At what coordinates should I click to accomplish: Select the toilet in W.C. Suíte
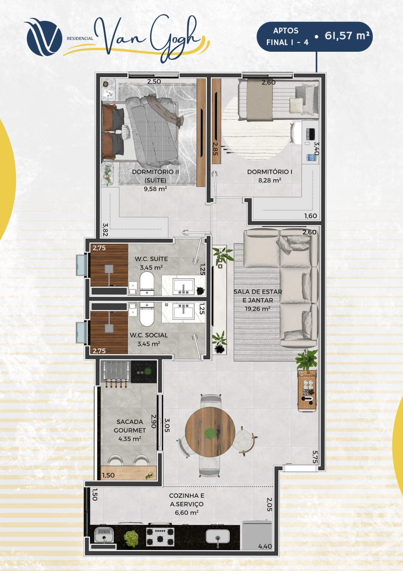tap(147, 283)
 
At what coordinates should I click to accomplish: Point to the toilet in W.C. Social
tap(147, 314)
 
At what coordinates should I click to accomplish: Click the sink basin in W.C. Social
tap(183, 311)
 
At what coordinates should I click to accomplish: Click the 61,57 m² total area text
tap(347, 35)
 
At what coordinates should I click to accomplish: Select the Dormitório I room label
tap(270, 172)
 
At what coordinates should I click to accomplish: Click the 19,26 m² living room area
tap(258, 309)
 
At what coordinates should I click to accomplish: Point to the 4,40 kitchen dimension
tap(265, 546)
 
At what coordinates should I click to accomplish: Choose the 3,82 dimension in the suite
tap(105, 229)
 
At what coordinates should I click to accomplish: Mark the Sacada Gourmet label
tap(130, 426)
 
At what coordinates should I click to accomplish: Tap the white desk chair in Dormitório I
tap(296, 133)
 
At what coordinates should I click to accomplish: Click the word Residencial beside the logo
tap(80, 39)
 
